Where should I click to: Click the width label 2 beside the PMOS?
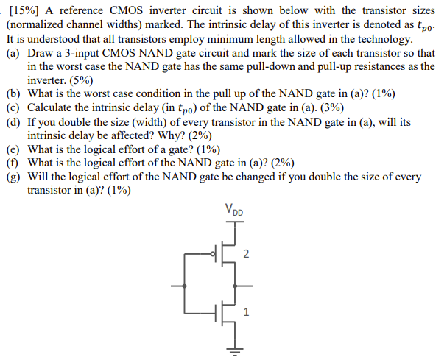(247, 254)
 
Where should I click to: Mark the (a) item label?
(13, 54)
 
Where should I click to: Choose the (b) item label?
(13, 94)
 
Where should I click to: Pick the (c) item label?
(13, 107)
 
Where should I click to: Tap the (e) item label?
(13, 149)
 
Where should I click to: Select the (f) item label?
(13, 162)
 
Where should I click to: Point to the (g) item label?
(13, 176)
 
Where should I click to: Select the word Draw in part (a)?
(41, 54)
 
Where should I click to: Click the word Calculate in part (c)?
(53, 107)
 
